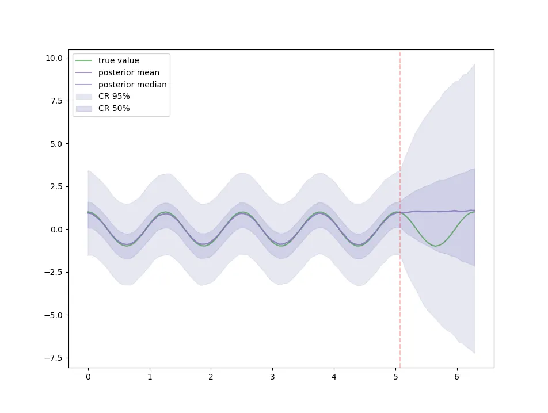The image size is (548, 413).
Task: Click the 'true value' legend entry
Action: [x=119, y=60]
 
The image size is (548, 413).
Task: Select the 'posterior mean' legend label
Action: [x=128, y=72]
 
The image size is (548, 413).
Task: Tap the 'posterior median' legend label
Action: [x=132, y=85]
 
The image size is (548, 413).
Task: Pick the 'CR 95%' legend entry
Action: [x=114, y=96]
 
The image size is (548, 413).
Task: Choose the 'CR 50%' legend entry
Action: [x=114, y=108]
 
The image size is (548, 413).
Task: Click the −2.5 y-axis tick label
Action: [x=54, y=272]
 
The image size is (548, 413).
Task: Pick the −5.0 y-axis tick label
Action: [x=54, y=315]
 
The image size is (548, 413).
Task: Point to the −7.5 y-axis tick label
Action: [x=54, y=358]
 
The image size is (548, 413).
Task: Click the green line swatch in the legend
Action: [x=84, y=60]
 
